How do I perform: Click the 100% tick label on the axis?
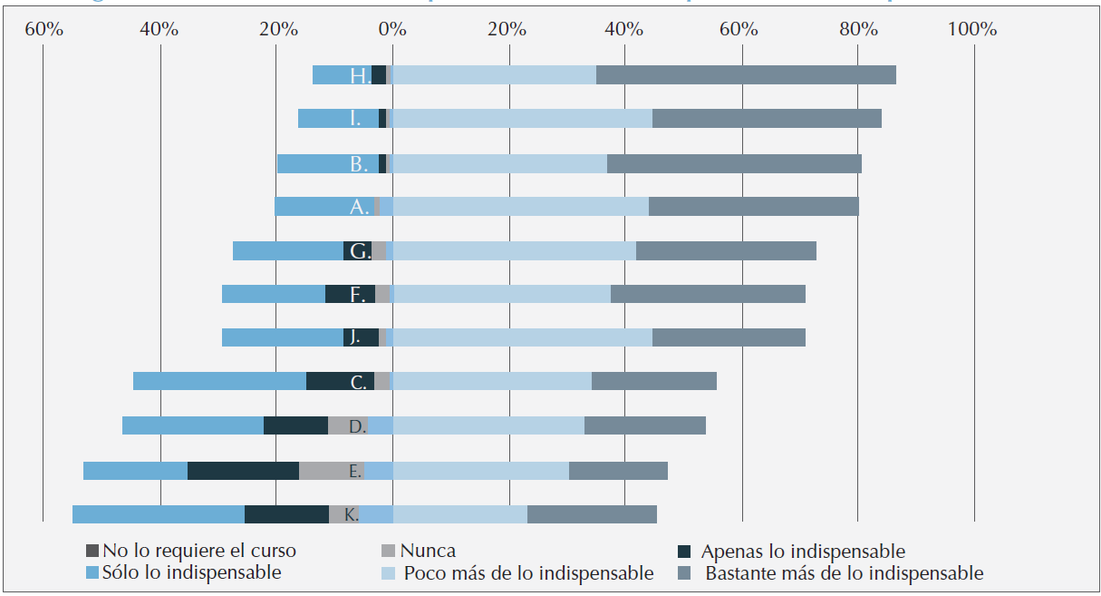[x=971, y=29]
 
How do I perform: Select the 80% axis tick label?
[x=857, y=29]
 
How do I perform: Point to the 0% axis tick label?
[x=391, y=29]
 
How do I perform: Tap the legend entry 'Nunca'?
[x=428, y=551]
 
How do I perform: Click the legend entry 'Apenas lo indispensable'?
[x=802, y=551]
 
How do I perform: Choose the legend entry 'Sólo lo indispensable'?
[x=191, y=572]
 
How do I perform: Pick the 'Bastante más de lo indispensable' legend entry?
[x=844, y=573]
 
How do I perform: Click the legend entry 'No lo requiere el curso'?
[x=198, y=551]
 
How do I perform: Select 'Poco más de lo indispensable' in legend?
[x=528, y=573]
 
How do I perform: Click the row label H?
[x=360, y=76]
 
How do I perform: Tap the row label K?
[x=351, y=514]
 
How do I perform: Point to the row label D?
[x=357, y=425]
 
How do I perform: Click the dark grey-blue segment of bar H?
[x=746, y=75]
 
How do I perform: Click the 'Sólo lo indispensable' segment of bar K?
[x=159, y=514]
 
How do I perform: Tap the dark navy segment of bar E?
[x=243, y=470]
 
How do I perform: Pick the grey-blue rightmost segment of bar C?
[x=653, y=381]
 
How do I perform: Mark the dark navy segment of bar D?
[x=295, y=425]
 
